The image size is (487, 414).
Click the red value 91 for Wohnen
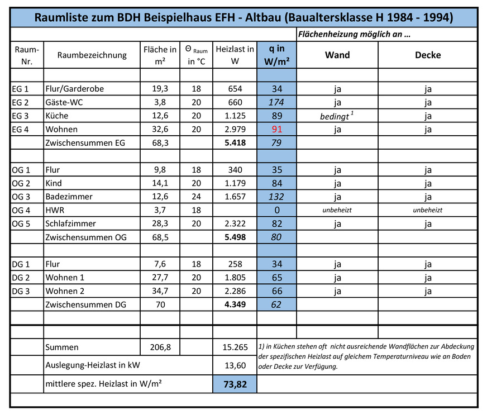tap(277, 129)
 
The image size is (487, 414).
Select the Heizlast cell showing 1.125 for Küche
tap(235, 116)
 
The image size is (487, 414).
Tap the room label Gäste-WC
tap(65, 102)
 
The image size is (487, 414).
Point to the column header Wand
tap(337, 55)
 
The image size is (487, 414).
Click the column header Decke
tap(428, 55)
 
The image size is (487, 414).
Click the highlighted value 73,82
tap(235, 384)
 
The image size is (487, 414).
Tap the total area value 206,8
tap(160, 347)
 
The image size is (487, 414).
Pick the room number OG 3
tap(20, 197)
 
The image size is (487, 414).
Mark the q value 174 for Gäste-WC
tap(276, 102)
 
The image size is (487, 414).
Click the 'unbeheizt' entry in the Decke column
tap(427, 210)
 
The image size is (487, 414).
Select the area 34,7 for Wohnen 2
tap(160, 291)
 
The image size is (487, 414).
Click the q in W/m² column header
tap(276, 55)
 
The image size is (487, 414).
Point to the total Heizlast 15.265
tap(235, 347)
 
